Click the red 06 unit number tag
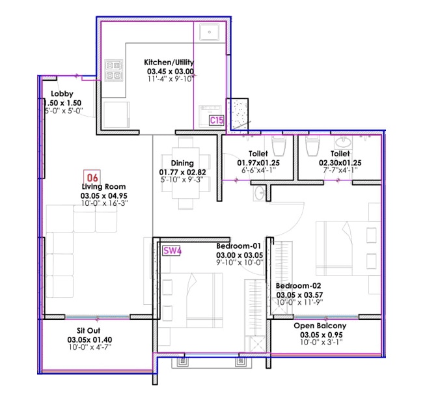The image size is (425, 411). pos(92,176)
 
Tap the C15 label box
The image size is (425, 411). pos(216,120)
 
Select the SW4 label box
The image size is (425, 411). pos(171,250)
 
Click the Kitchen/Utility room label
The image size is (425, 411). pos(170,63)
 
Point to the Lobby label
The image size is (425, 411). pos(62,94)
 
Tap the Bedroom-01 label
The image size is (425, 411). pos(239,246)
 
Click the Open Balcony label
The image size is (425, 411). pos(320,325)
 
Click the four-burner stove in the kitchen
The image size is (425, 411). pos(113,70)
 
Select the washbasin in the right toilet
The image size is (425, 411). pos(342,142)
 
